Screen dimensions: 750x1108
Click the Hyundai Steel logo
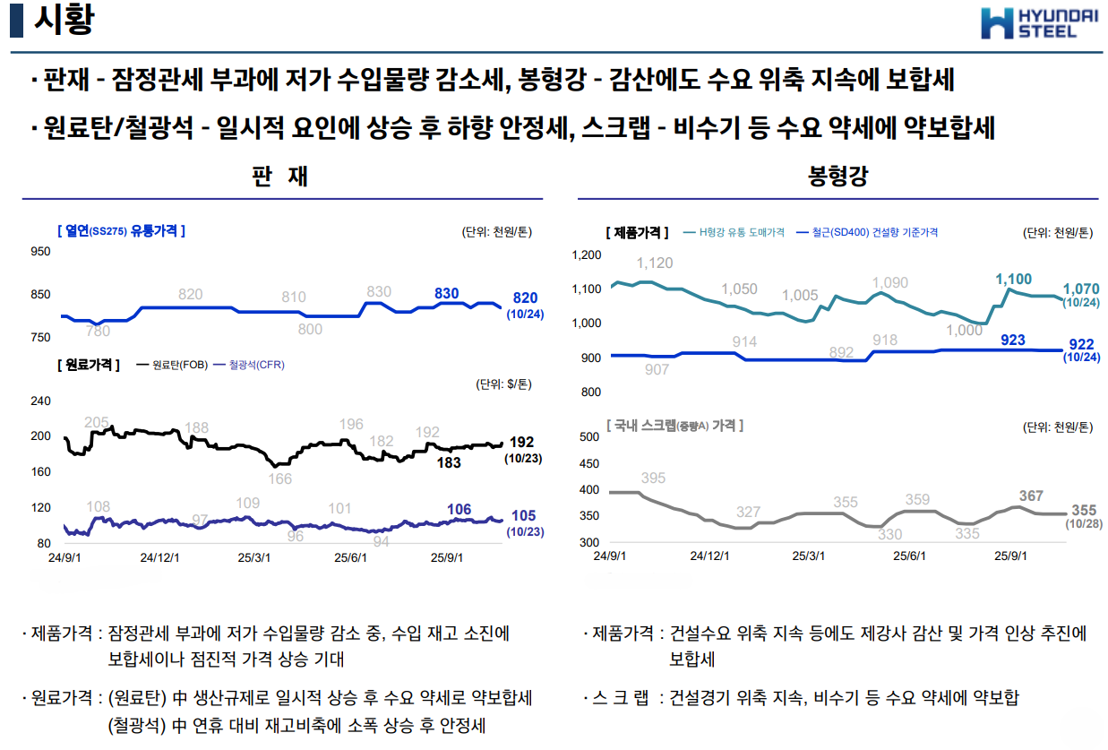[x=1039, y=23]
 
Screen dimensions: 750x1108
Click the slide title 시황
[x=63, y=20]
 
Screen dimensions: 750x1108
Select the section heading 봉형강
[x=837, y=176]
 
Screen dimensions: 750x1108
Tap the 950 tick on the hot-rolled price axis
[x=41, y=252]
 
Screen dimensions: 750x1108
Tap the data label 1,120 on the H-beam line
[x=654, y=263]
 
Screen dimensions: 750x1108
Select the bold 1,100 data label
[x=1013, y=280]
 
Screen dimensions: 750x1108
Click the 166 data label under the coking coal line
[x=279, y=479]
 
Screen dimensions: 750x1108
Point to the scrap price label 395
[x=653, y=478]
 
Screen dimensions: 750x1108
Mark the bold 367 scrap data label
[x=1031, y=496]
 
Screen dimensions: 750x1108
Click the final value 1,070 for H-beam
[x=1081, y=289]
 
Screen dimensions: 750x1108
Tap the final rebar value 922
[x=1081, y=344]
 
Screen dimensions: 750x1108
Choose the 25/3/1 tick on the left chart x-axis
[x=253, y=556]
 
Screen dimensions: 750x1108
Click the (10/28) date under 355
[x=1081, y=524]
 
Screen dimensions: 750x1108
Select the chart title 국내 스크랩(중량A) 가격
[x=675, y=426]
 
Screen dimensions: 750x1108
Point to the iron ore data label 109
[x=247, y=503]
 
